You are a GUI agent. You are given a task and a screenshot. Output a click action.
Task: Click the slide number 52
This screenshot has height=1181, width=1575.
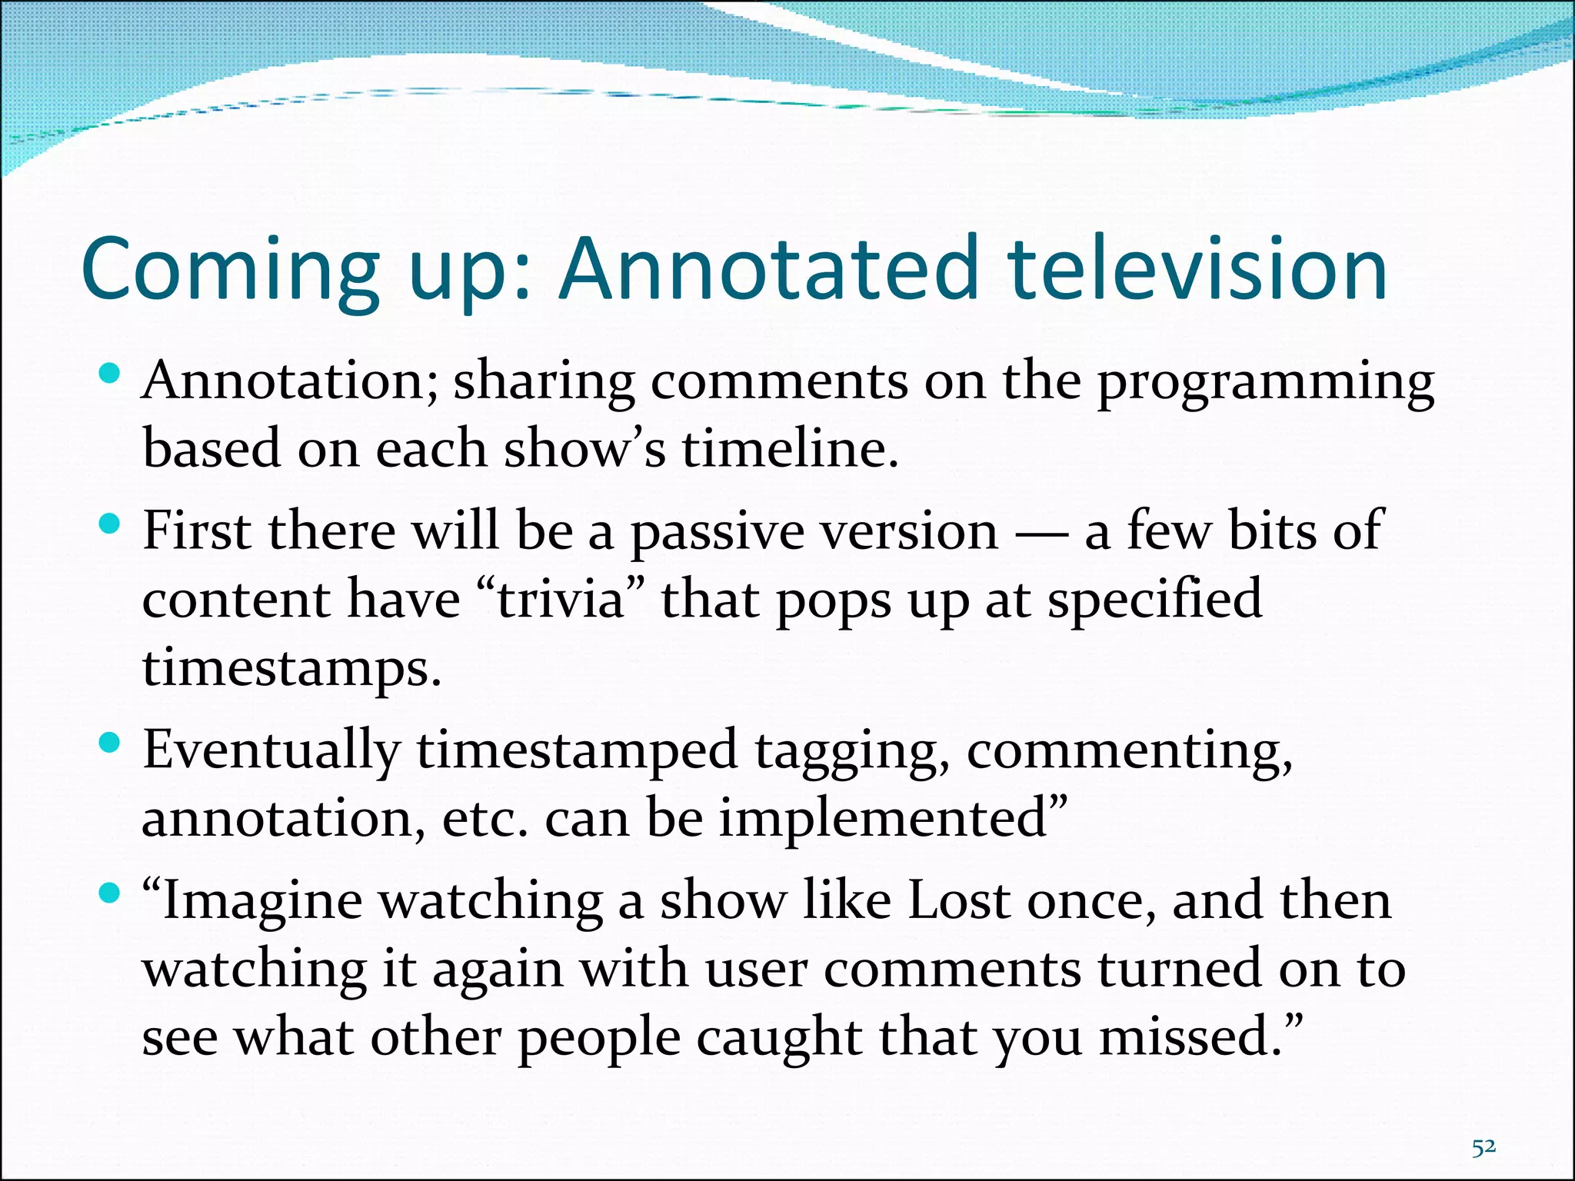(x=1483, y=1148)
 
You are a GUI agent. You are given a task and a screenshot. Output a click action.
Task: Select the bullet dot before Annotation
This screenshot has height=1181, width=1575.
(x=111, y=374)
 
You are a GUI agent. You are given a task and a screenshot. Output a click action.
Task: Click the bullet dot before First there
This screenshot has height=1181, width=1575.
(x=111, y=526)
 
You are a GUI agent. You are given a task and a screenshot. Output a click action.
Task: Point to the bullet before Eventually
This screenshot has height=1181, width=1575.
(x=111, y=743)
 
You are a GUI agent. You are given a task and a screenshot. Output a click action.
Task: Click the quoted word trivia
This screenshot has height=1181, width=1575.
(x=561, y=600)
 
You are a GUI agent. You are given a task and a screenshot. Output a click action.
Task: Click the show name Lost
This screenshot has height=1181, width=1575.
(x=958, y=901)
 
